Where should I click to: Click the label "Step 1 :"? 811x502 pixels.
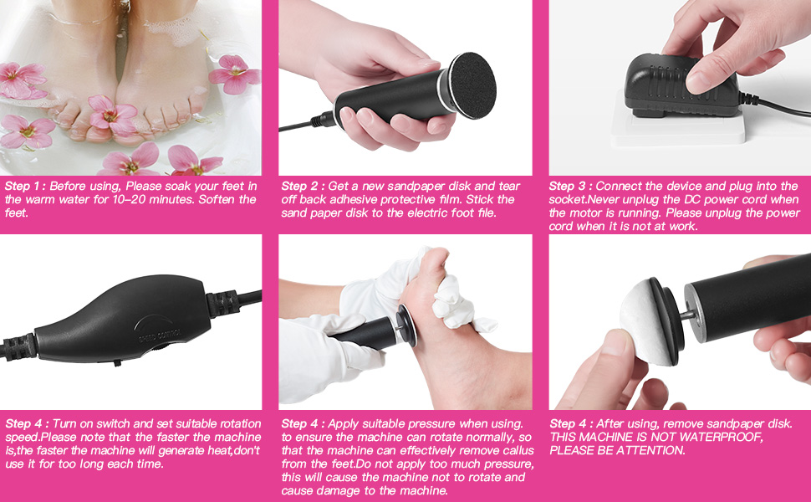click(x=24, y=186)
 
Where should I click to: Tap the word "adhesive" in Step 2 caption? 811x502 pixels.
click(x=334, y=199)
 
